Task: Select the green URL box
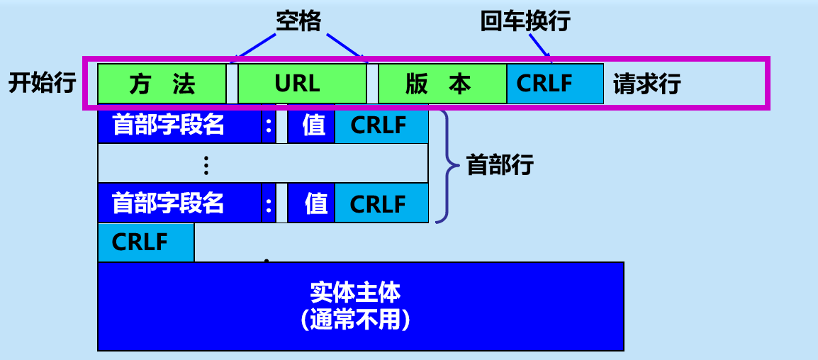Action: coord(301,84)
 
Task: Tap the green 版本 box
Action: coord(442,84)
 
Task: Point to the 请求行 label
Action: coord(646,84)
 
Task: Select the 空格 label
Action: coord(298,22)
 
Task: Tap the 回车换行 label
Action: coord(525,22)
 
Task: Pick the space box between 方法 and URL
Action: coord(232,84)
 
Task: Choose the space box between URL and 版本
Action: coord(373,84)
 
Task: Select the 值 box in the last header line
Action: coord(311,203)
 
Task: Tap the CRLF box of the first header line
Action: coord(381,125)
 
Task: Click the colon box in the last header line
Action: coord(269,203)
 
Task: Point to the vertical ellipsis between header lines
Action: coord(206,165)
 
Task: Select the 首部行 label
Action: coord(500,166)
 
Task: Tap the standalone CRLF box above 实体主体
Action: coord(145,242)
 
